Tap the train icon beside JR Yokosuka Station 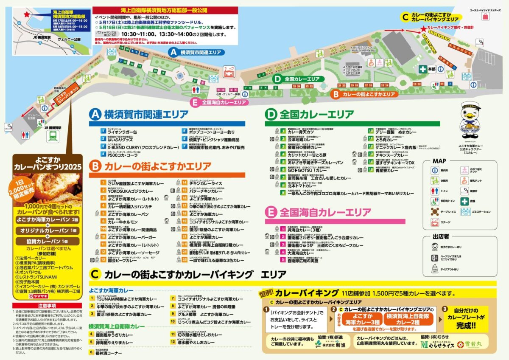(54, 135)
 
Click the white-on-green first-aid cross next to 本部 (422, 69)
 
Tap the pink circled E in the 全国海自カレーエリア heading (272, 212)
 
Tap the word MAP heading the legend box (439, 161)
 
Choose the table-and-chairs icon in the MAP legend (434, 211)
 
